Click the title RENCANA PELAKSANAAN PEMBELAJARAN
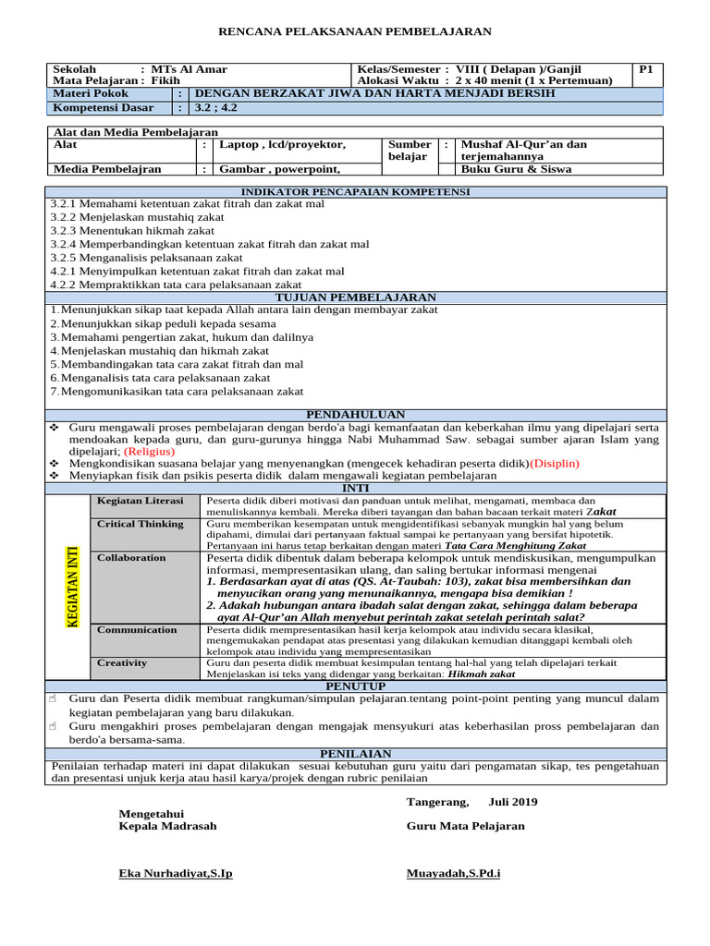pyautogui.click(x=354, y=31)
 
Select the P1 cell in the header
pyautogui.click(x=646, y=69)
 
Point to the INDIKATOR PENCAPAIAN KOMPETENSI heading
pyautogui.click(x=355, y=191)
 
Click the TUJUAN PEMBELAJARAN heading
pyautogui.click(x=355, y=297)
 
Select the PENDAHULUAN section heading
pyautogui.click(x=355, y=415)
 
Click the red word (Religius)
pyautogui.click(x=149, y=452)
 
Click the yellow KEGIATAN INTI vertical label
pyautogui.click(x=70, y=587)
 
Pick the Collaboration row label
pyautogui.click(x=131, y=558)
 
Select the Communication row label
pyautogui.click(x=137, y=630)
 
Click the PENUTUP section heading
pyautogui.click(x=355, y=686)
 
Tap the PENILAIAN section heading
pyautogui.click(x=355, y=754)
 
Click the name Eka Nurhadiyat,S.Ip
pyautogui.click(x=176, y=873)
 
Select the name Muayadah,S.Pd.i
pyautogui.click(x=453, y=873)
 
